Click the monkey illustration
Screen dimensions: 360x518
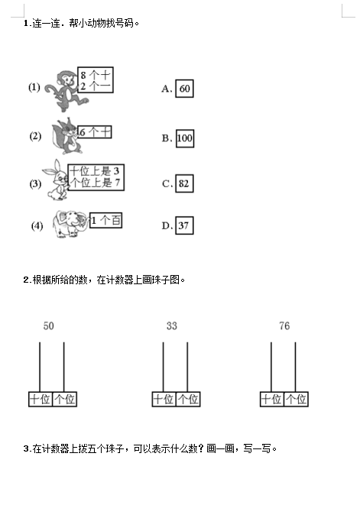(x=66, y=91)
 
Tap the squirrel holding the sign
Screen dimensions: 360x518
(x=66, y=136)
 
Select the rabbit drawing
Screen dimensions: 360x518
(x=56, y=180)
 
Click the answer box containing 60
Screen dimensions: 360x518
(x=184, y=89)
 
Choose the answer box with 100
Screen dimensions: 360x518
(x=185, y=138)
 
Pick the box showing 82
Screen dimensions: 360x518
(x=184, y=183)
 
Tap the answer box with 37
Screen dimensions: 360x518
(x=184, y=225)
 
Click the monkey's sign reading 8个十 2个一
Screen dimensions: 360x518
(x=96, y=80)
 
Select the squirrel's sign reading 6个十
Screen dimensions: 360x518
(x=95, y=132)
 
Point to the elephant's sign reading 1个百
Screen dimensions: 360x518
(x=105, y=220)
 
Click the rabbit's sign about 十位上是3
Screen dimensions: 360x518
(x=96, y=177)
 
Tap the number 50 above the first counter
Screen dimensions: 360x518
(x=49, y=325)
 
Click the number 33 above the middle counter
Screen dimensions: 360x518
(x=172, y=325)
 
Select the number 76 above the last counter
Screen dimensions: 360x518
(x=284, y=325)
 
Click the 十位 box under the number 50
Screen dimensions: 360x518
(x=41, y=399)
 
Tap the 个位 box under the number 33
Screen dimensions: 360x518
(x=188, y=399)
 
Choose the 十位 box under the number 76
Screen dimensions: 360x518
(x=272, y=399)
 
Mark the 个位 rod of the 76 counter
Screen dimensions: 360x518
(x=296, y=367)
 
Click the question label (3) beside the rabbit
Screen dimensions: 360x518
(x=35, y=183)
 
